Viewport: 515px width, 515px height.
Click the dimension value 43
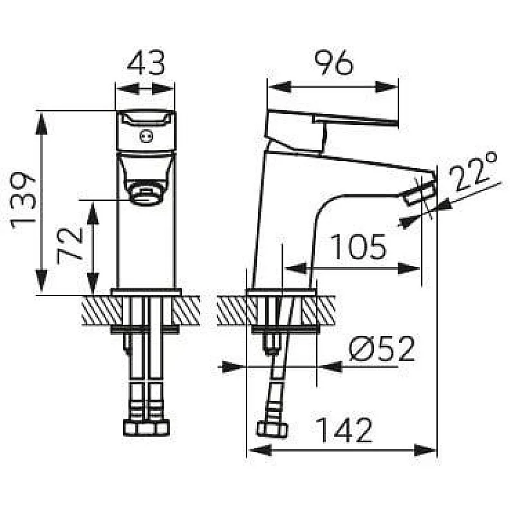(x=145, y=62)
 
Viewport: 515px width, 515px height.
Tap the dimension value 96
(x=333, y=62)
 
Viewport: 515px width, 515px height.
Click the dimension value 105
(x=358, y=247)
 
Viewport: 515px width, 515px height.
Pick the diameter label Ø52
(x=382, y=349)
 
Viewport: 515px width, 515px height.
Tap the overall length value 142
(x=345, y=430)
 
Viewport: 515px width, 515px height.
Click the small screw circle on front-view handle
(x=146, y=136)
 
